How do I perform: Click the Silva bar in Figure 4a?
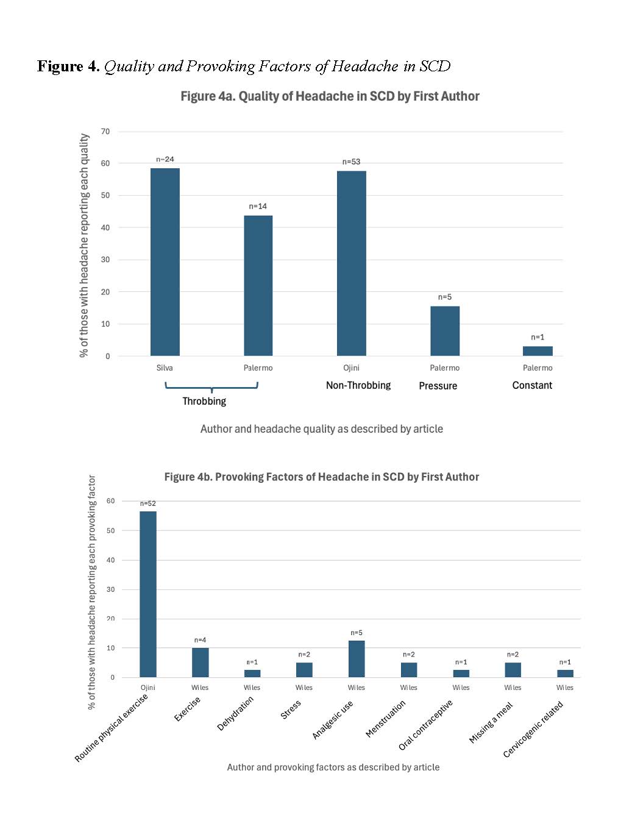tap(165, 262)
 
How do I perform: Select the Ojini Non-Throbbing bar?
tap(352, 263)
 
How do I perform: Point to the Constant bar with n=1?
tap(538, 351)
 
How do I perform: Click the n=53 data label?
tap(351, 162)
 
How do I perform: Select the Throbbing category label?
tap(204, 401)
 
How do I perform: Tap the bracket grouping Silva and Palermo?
tap(211, 386)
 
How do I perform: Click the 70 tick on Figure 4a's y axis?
tap(106, 132)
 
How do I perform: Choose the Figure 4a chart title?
tap(330, 96)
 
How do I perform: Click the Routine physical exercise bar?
tap(148, 594)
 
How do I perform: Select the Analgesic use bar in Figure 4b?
tap(357, 659)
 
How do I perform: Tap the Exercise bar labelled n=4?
tap(201, 663)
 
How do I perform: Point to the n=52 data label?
tap(148, 503)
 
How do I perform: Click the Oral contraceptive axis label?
tap(426, 725)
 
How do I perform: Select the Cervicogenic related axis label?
tap(533, 730)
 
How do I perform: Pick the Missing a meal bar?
tap(513, 670)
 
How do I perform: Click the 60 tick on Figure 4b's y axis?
tap(110, 501)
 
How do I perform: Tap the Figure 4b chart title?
tap(321, 477)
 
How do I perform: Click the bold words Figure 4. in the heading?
tap(68, 66)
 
